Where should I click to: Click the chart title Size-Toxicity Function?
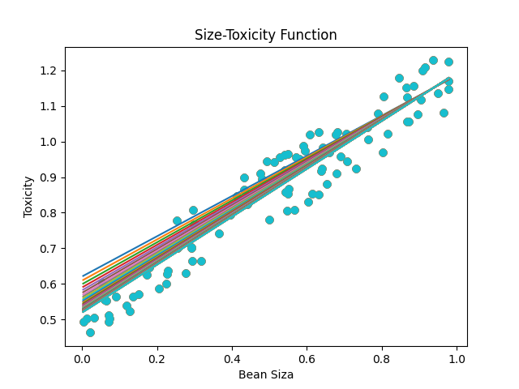[265, 35]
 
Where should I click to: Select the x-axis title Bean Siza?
[266, 374]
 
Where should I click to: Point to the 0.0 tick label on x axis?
[82, 357]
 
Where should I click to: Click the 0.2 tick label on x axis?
[157, 357]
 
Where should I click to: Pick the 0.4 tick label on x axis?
[232, 357]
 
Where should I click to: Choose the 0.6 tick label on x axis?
[307, 357]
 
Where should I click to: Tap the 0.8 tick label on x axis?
[382, 357]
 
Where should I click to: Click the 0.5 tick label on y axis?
[50, 320]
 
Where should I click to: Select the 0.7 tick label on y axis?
[50, 249]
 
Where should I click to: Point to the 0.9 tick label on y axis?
[50, 177]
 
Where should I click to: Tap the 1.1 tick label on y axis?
[50, 106]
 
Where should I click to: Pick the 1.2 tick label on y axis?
[50, 71]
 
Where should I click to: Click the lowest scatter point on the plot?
[90, 332]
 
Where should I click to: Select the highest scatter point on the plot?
[433, 60]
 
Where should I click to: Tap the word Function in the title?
[311, 35]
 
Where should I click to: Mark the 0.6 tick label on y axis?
[50, 284]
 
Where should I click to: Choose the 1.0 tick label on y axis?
[50, 142]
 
